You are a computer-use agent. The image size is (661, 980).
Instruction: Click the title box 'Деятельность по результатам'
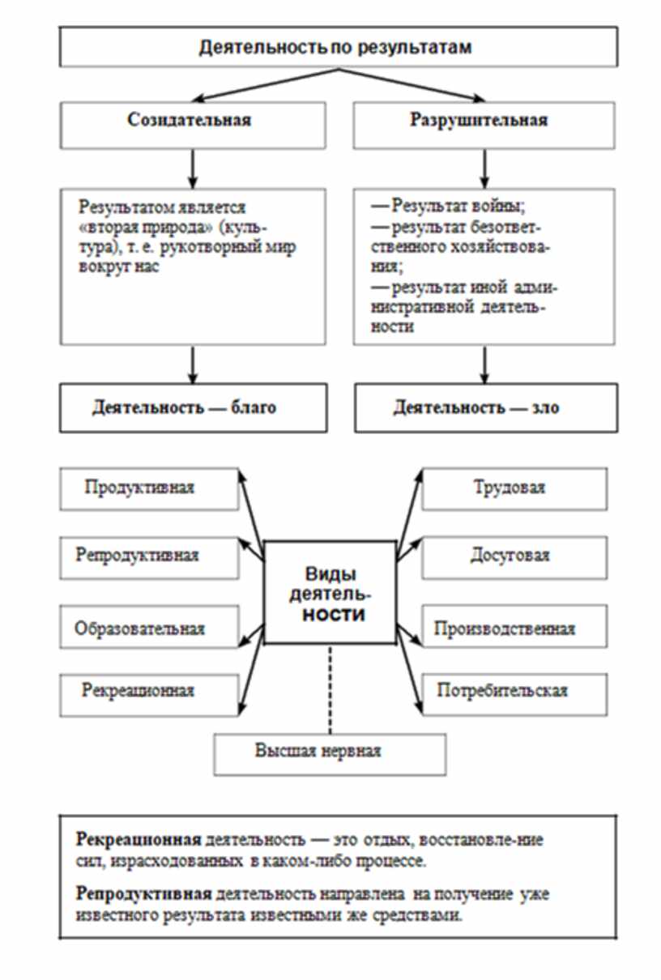(x=335, y=48)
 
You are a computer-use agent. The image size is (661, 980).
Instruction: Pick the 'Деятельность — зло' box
(x=480, y=407)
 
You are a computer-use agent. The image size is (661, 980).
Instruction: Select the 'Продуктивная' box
(x=150, y=488)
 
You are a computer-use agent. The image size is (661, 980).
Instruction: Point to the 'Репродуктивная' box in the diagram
(x=150, y=556)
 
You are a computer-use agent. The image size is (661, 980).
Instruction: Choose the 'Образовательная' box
(x=150, y=628)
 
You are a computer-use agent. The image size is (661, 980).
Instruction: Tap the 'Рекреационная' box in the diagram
(x=150, y=691)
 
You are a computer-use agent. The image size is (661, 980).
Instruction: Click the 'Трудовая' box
(x=514, y=488)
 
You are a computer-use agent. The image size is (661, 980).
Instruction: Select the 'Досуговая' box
(x=514, y=556)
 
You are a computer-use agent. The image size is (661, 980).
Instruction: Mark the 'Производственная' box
(x=514, y=628)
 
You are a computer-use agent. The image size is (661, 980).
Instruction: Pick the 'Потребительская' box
(x=514, y=691)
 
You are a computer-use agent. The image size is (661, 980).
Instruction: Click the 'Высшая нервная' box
(x=330, y=751)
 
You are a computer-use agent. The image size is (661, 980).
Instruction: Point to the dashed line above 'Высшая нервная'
(x=330, y=688)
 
